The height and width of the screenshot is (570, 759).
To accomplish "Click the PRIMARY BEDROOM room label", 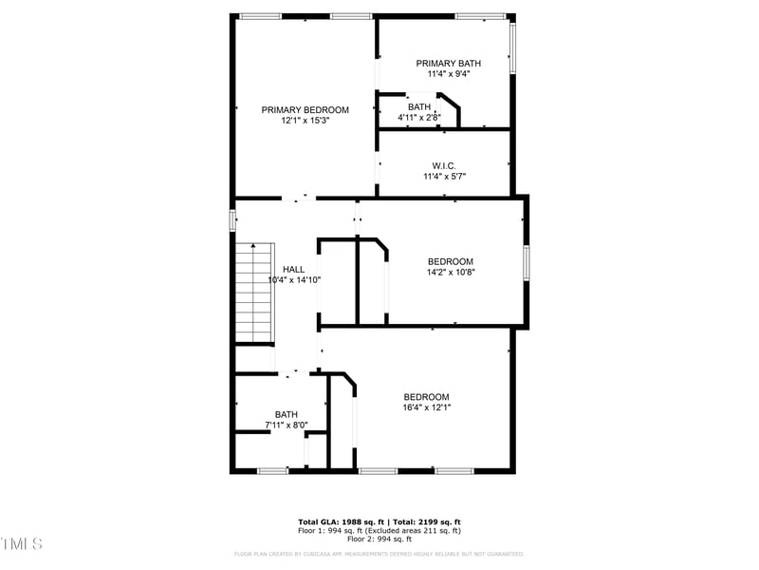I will click(x=305, y=110).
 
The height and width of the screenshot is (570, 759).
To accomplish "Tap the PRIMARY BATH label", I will click(x=448, y=64).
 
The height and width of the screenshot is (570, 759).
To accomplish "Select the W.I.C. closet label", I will click(x=444, y=165).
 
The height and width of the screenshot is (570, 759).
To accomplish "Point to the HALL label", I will click(x=293, y=270).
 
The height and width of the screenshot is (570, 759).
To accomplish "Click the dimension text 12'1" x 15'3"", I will click(x=305, y=122).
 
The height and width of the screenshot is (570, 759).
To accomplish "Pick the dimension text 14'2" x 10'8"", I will click(x=450, y=273).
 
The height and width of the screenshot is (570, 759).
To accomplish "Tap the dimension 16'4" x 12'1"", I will click(x=426, y=408).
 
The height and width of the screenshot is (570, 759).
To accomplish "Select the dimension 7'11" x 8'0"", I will click(x=286, y=425).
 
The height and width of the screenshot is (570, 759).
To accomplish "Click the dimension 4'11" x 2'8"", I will click(x=418, y=118).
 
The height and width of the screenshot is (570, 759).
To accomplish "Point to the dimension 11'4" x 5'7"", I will click(x=444, y=176).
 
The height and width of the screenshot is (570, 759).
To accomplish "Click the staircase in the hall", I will click(x=253, y=293).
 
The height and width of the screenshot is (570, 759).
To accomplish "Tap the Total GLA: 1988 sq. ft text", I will click(x=342, y=522).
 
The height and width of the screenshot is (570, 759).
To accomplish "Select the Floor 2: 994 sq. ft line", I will click(x=379, y=539).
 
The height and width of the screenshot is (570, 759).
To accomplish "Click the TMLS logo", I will click(x=22, y=543).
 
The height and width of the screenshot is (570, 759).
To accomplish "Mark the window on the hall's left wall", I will click(x=232, y=219).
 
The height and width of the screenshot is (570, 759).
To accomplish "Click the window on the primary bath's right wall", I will click(x=512, y=47).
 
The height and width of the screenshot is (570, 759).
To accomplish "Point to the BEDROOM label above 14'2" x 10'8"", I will click(x=450, y=262).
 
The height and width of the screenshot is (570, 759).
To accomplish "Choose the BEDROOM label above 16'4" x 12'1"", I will click(x=426, y=397).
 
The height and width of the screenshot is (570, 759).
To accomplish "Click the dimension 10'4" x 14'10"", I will click(x=294, y=280).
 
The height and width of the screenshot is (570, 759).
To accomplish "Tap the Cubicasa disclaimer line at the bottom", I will click(x=379, y=554).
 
